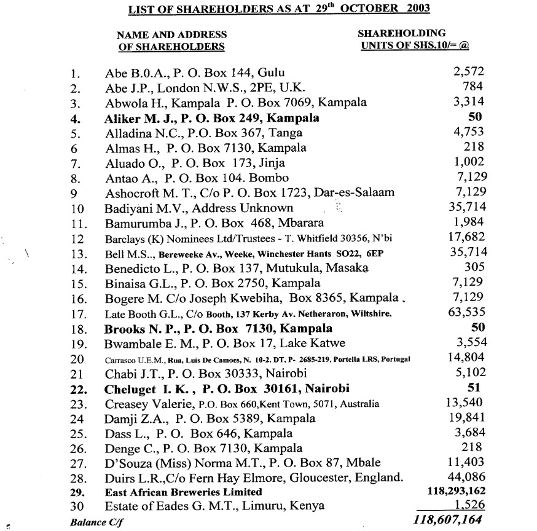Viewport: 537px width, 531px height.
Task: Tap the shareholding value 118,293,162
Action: tap(455, 492)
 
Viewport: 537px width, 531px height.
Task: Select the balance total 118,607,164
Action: tap(449, 519)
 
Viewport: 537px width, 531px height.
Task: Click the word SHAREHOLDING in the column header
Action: tap(402, 34)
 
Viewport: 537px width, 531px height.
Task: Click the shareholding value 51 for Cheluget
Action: tap(475, 387)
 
